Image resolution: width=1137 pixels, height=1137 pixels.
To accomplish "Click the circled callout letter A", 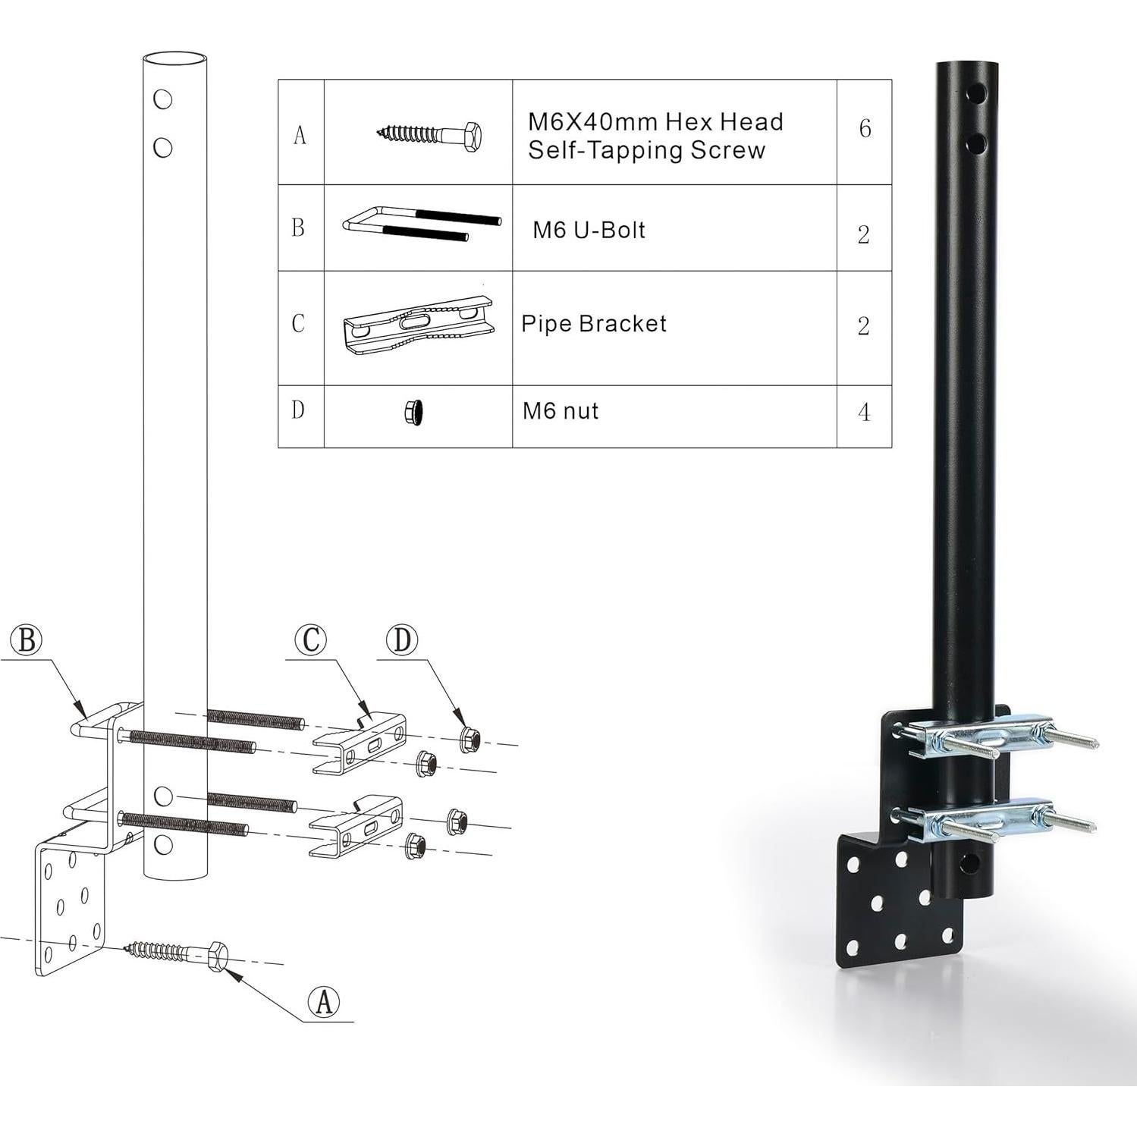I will [324, 1002].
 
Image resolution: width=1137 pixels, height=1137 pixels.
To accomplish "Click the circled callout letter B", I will [27, 639].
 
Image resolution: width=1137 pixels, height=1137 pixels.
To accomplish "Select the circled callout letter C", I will [310, 639].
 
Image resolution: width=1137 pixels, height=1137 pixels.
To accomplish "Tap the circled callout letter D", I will [402, 639].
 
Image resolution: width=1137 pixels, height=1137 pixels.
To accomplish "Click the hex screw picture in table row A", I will [430, 135].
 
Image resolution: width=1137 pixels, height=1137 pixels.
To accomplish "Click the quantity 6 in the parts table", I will [865, 128].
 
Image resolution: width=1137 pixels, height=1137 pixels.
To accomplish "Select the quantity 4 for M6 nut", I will [864, 413].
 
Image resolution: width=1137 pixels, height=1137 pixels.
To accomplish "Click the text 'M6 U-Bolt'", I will [589, 230].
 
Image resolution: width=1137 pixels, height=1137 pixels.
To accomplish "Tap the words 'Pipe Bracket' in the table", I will [594, 324].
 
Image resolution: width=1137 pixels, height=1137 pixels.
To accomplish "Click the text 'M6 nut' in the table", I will [561, 411].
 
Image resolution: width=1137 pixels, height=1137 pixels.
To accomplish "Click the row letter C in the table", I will [298, 324].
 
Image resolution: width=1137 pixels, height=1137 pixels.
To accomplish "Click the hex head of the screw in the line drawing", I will [218, 956].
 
